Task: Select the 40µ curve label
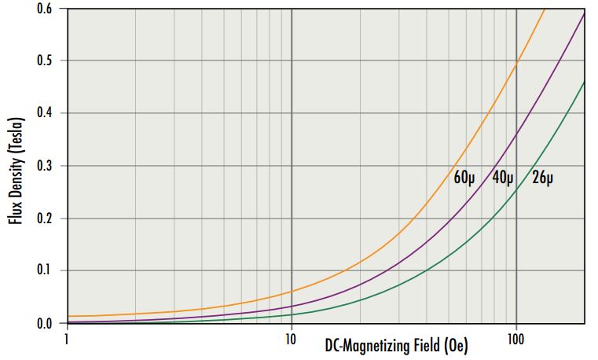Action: tap(504, 178)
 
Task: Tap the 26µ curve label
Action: tap(543, 178)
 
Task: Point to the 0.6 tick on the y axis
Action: tap(44, 9)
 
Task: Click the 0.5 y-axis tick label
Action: tap(44, 61)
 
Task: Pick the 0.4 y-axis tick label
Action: tap(44, 114)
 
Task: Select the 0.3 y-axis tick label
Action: tap(44, 166)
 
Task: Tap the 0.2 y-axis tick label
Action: tap(44, 219)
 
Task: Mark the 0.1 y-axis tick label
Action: tap(44, 271)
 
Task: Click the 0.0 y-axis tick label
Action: tap(44, 323)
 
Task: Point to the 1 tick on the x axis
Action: tap(68, 339)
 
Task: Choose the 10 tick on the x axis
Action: tap(291, 339)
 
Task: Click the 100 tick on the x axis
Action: tap(515, 339)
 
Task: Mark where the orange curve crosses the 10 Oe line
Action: tap(292, 292)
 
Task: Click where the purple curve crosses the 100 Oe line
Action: tap(516, 135)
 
